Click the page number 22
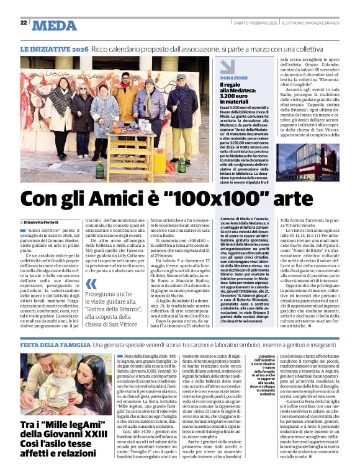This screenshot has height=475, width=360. [x=24, y=23]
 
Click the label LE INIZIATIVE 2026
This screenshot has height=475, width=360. [x=54, y=48]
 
